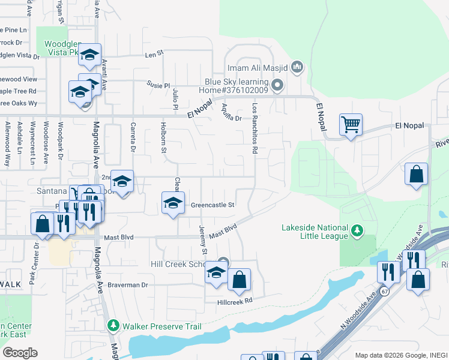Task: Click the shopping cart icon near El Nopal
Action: [x=351, y=125]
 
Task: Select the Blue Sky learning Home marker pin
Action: [x=277, y=86]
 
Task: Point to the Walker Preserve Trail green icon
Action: [x=113, y=326]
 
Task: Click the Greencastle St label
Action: [x=212, y=205]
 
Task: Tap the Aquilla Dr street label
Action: [x=231, y=110]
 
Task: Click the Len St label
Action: [x=154, y=54]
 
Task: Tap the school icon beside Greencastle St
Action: [x=172, y=203]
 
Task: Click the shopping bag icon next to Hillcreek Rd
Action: [x=239, y=280]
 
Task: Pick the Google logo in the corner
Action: [x=20, y=352]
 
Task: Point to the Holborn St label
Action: [x=163, y=138]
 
